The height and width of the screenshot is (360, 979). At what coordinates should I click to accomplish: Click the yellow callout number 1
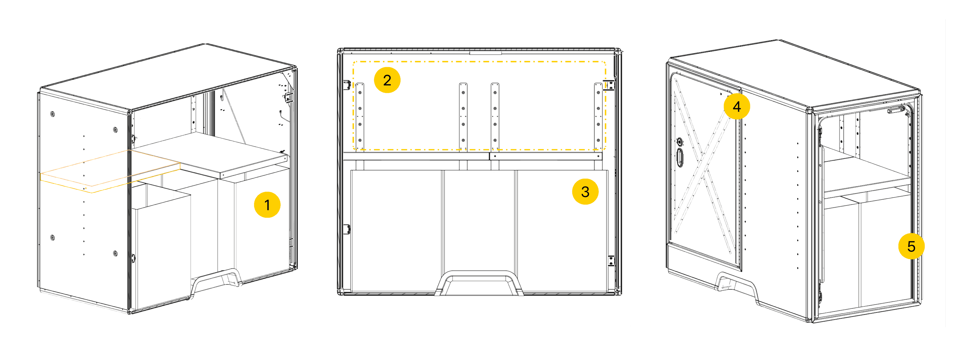[267, 205]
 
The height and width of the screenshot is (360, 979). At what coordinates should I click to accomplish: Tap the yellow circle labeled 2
[387, 80]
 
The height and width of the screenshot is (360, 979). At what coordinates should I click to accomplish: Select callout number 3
[585, 192]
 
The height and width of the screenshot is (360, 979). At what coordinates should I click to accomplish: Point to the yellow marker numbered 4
[737, 106]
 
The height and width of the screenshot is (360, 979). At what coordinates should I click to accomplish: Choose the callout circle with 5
[911, 246]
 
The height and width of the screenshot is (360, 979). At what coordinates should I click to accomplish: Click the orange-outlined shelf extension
[110, 171]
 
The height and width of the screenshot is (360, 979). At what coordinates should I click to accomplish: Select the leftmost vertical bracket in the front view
[360, 116]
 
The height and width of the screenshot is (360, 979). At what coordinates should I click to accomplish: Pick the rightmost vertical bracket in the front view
[598, 116]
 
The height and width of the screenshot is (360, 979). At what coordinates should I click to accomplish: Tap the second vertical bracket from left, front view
[463, 116]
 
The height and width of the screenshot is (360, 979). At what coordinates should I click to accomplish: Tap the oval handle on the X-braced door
[680, 157]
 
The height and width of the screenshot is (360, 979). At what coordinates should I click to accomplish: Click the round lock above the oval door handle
[680, 142]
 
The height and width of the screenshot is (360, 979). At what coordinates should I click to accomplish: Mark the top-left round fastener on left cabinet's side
[53, 114]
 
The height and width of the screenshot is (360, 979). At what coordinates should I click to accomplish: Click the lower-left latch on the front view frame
[347, 229]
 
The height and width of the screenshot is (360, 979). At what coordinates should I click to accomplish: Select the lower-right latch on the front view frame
[611, 261]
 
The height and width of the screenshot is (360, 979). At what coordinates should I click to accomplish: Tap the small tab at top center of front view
[485, 53]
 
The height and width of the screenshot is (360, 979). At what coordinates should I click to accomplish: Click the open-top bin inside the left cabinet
[160, 245]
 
